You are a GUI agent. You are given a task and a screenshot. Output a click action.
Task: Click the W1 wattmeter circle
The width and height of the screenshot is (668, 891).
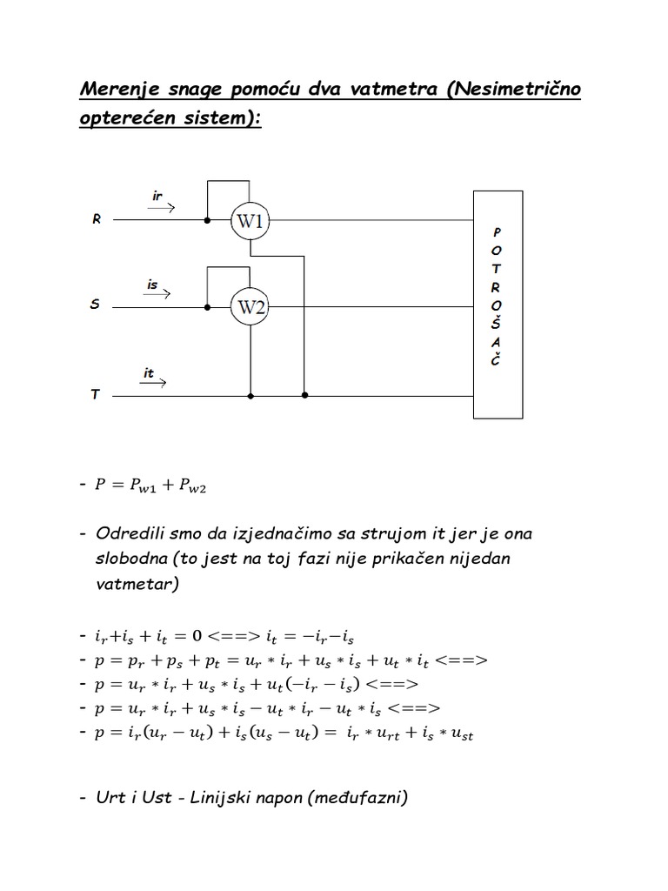(x=250, y=222)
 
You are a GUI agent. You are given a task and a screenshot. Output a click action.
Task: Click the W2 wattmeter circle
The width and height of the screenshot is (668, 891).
(x=250, y=306)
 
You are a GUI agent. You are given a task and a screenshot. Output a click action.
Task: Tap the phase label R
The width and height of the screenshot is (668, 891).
(x=97, y=220)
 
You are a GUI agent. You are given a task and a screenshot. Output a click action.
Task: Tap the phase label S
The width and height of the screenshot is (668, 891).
(x=96, y=305)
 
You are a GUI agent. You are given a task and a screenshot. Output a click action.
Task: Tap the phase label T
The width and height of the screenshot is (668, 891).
(x=96, y=395)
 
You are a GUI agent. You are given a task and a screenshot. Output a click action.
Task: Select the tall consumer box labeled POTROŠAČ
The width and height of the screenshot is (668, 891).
(x=497, y=305)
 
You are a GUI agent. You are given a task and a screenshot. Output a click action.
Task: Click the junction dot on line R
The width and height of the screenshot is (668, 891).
(x=207, y=221)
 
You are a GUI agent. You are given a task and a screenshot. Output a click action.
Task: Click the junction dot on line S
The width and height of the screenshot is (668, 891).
(x=207, y=306)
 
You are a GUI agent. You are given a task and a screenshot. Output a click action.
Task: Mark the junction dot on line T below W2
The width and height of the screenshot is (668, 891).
(x=250, y=396)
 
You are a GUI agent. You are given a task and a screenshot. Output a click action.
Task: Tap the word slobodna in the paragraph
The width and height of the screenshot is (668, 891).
(x=131, y=558)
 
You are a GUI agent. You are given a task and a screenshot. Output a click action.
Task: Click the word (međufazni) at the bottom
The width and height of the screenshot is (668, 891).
(x=355, y=796)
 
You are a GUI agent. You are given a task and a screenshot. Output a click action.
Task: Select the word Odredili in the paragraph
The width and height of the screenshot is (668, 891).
(x=130, y=532)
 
